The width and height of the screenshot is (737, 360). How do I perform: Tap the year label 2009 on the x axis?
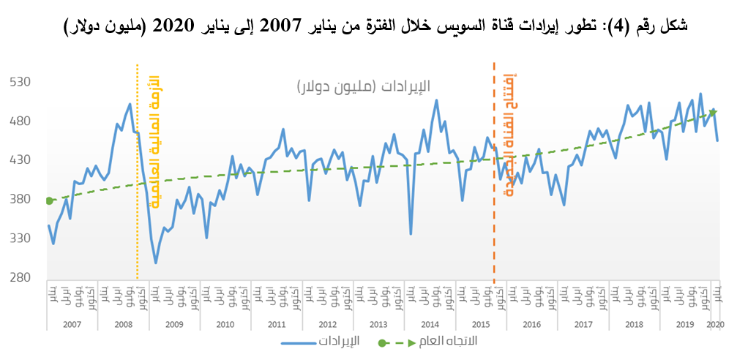pos(173,323)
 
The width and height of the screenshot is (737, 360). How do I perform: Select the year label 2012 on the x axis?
pos(326,323)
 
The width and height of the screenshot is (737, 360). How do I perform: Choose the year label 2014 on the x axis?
pos(430,323)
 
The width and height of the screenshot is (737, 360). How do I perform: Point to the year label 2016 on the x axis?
pos(532,323)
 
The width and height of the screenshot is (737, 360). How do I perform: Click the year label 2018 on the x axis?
pos(635,323)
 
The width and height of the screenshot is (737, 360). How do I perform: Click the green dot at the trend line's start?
pos(49,200)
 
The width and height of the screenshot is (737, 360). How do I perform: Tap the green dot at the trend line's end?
pos(713,113)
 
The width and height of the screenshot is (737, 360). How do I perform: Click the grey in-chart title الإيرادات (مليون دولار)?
pos(364,86)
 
